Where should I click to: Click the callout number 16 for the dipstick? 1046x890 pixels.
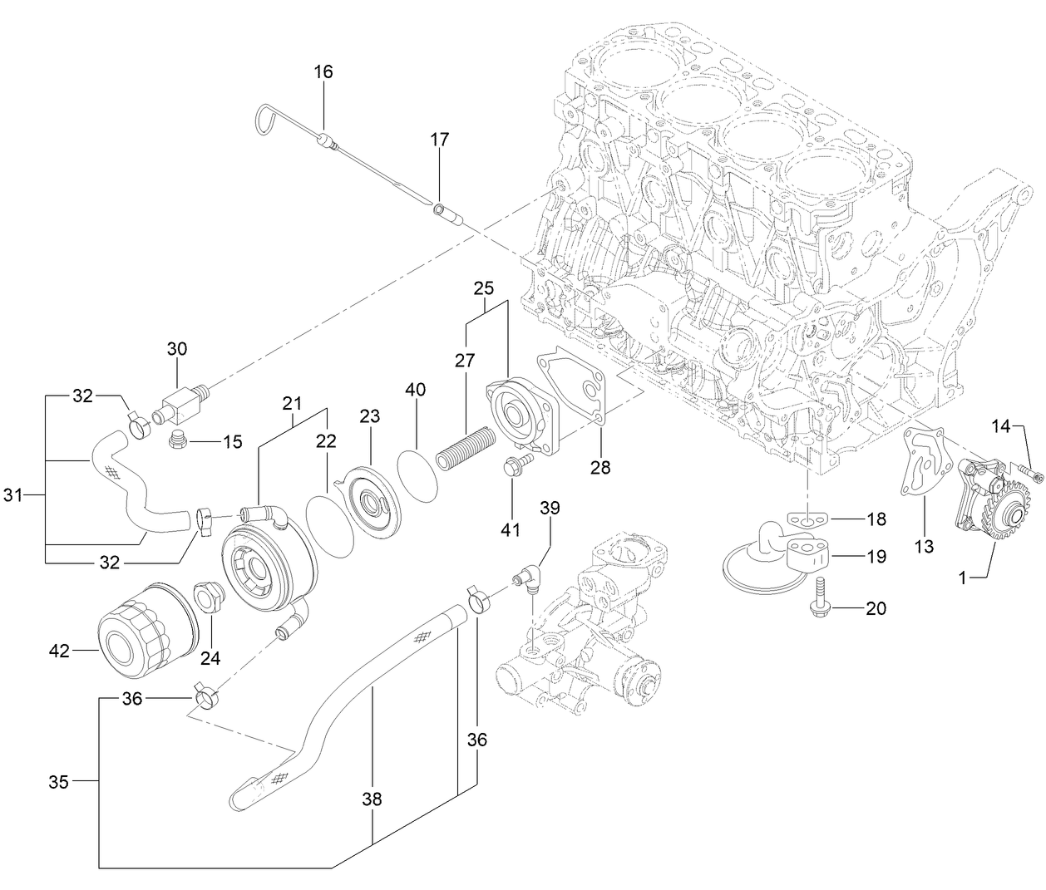(323, 72)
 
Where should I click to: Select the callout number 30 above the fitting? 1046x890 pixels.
(177, 349)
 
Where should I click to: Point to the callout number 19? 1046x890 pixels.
(876, 557)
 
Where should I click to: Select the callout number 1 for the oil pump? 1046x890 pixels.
(962, 578)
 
